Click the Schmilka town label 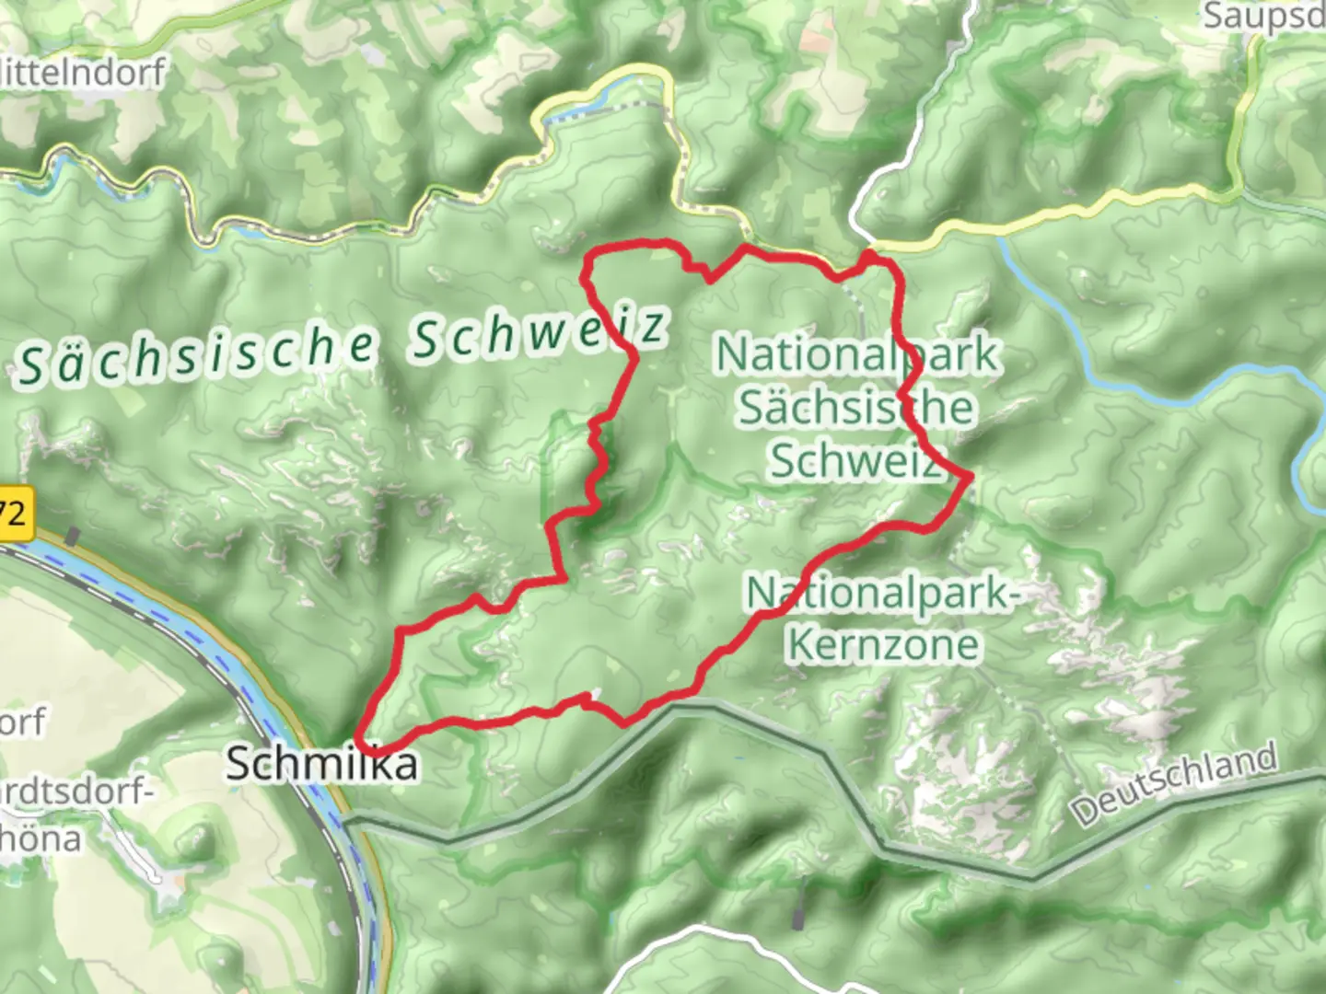pyautogui.click(x=321, y=763)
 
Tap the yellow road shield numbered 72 pyautogui.click(x=15, y=514)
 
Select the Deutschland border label pyautogui.click(x=1174, y=784)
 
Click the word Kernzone pyautogui.click(x=883, y=643)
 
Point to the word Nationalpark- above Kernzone pyautogui.click(x=882, y=594)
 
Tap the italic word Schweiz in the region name pyautogui.click(x=538, y=332)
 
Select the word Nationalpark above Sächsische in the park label pyautogui.click(x=856, y=354)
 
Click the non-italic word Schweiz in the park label pyautogui.click(x=856, y=459)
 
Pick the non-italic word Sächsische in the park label pyautogui.click(x=856, y=407)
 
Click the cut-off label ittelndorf pyautogui.click(x=83, y=72)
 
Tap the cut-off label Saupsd pyautogui.click(x=1263, y=16)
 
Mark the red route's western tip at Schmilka pyautogui.click(x=362, y=744)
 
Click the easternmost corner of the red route pyautogui.click(x=969, y=476)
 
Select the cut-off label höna pyautogui.click(x=41, y=838)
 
